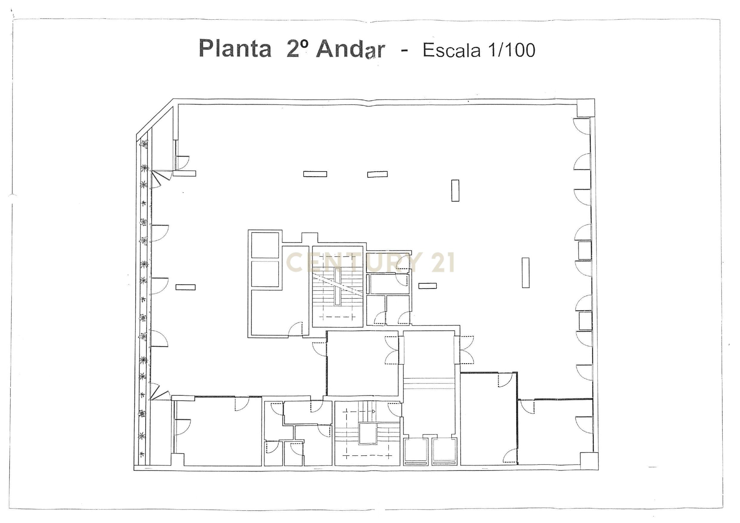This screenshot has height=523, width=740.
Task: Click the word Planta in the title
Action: click(235, 49)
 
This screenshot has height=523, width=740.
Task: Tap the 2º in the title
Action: click(297, 49)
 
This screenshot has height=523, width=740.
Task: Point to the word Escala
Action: click(451, 51)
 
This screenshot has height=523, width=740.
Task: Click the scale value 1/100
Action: click(512, 50)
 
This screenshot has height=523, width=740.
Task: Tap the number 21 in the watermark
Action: click(443, 262)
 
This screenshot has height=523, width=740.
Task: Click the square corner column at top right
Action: click(585, 108)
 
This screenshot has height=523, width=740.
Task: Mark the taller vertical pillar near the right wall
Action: click(526, 273)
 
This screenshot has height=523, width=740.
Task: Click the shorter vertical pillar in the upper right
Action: click(455, 191)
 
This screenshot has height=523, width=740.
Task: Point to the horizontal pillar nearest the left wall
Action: click(185, 287)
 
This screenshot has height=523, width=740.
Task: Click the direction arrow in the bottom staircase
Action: click(373, 411)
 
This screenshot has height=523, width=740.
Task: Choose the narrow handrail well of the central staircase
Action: click(337, 287)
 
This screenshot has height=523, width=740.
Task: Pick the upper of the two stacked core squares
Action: click(265, 245)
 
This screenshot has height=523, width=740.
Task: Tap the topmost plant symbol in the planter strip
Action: click(144, 144)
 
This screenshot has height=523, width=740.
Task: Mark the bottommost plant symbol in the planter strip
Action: click(141, 455)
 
